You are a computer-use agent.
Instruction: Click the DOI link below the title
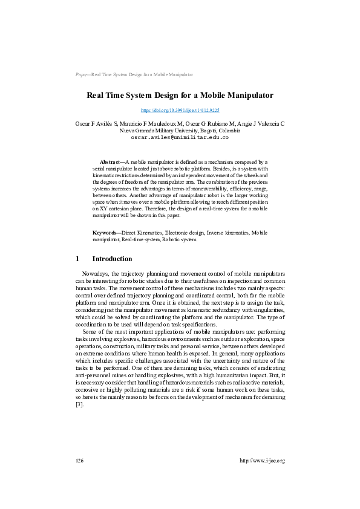180,111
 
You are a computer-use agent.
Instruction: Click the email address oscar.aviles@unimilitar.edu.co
180,137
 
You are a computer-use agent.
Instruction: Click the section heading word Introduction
112,259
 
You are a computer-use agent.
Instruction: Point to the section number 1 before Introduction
77,259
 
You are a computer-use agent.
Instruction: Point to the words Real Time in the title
106,96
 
